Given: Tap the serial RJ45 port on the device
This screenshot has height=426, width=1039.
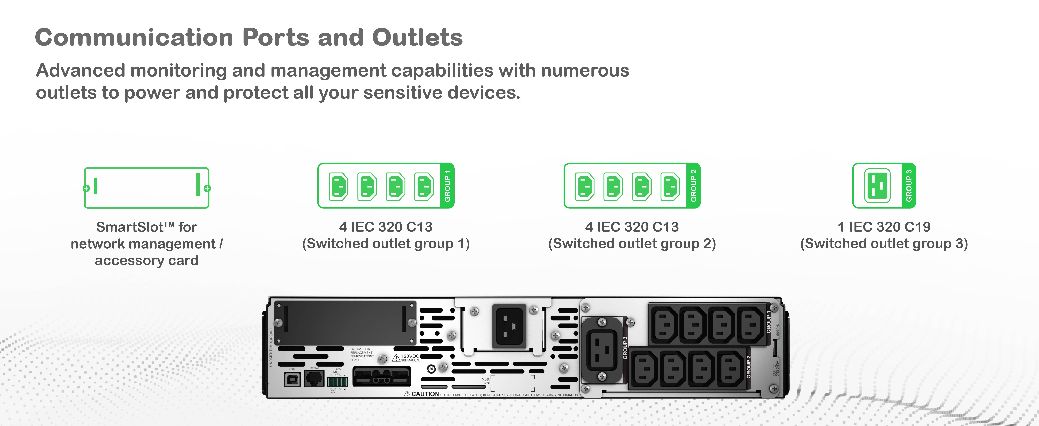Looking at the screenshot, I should [x=314, y=378].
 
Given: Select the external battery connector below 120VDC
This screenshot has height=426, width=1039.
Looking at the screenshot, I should [x=382, y=377].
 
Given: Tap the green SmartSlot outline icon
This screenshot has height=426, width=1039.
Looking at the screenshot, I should [x=146, y=188].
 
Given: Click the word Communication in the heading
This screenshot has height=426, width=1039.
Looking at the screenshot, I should [x=134, y=37].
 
